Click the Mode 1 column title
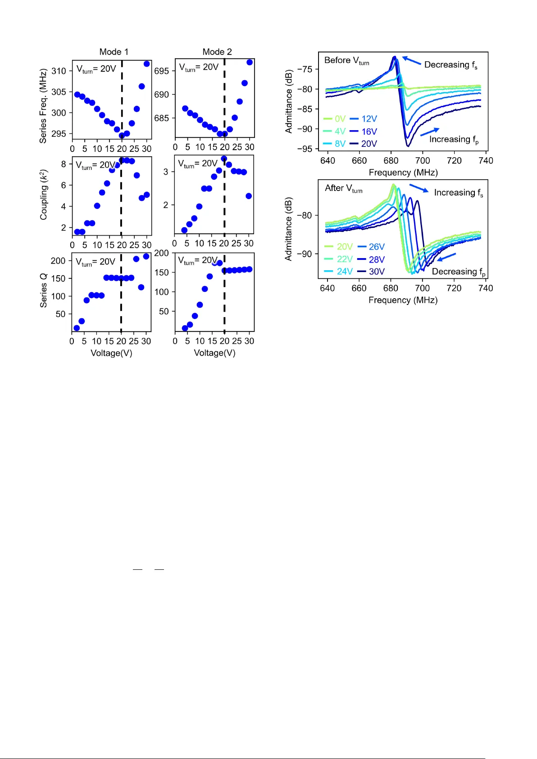pos(114,52)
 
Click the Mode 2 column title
pos(217,52)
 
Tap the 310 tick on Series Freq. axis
pos(59,71)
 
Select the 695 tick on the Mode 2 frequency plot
pos(161,71)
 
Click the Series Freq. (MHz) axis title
pos(43,106)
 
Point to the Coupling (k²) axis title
pos(43,195)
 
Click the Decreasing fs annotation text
pos(451,65)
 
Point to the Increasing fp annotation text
pos(454,140)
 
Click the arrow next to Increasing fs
pos(419,188)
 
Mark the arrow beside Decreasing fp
pos(446,257)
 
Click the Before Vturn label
pos(346,60)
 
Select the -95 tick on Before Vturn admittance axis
pos(305,149)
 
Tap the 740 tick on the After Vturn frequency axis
pos(486,288)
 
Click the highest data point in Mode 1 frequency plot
pos(146,64)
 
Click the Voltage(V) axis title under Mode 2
pos(214,353)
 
